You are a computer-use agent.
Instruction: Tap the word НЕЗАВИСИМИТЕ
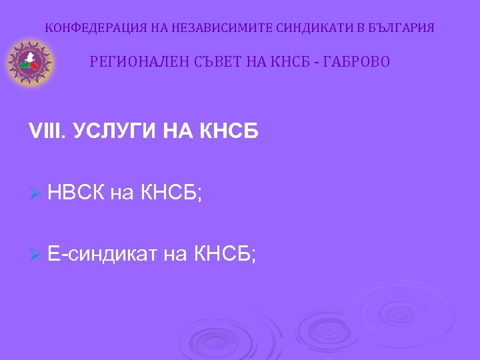[207, 29]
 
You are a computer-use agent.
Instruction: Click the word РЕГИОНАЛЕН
[134, 62]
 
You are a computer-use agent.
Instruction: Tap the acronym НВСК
[76, 193]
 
